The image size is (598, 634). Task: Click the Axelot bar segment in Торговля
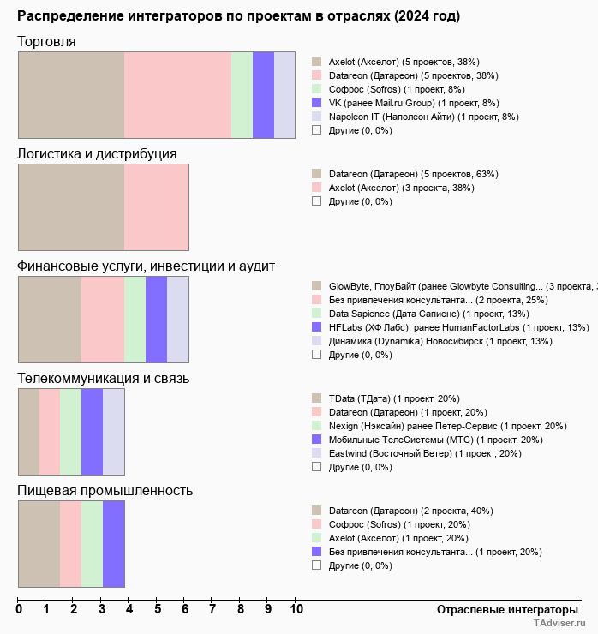71,94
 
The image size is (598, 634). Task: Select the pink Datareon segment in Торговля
177,94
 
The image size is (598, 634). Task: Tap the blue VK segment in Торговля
263,94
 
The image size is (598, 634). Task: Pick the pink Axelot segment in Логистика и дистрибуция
157,206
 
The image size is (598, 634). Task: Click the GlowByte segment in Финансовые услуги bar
50,319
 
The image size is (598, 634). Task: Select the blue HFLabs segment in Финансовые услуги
156,319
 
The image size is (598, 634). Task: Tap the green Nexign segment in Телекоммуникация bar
70,431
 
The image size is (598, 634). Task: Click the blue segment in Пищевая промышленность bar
114,543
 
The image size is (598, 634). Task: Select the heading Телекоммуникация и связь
104,379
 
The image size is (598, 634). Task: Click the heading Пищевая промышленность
105,491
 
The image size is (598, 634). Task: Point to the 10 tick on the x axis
296,610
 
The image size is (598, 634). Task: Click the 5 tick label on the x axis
158,610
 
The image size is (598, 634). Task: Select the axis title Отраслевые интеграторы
502,610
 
